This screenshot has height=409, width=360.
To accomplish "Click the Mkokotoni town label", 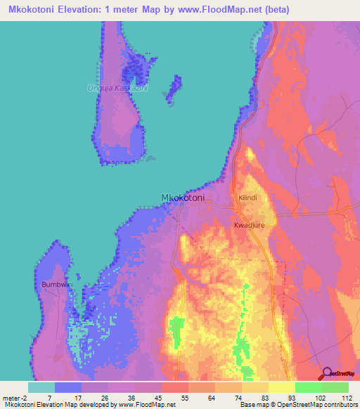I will [183, 198].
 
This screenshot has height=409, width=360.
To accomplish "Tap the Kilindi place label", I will [248, 199].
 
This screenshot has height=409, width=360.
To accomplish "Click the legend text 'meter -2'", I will [15, 397].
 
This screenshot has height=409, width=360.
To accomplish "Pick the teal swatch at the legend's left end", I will [41, 387].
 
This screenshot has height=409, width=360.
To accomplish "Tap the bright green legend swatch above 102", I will [308, 387].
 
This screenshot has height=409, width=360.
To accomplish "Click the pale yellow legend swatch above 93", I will [281, 387].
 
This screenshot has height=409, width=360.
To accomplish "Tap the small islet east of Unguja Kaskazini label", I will [170, 94].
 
